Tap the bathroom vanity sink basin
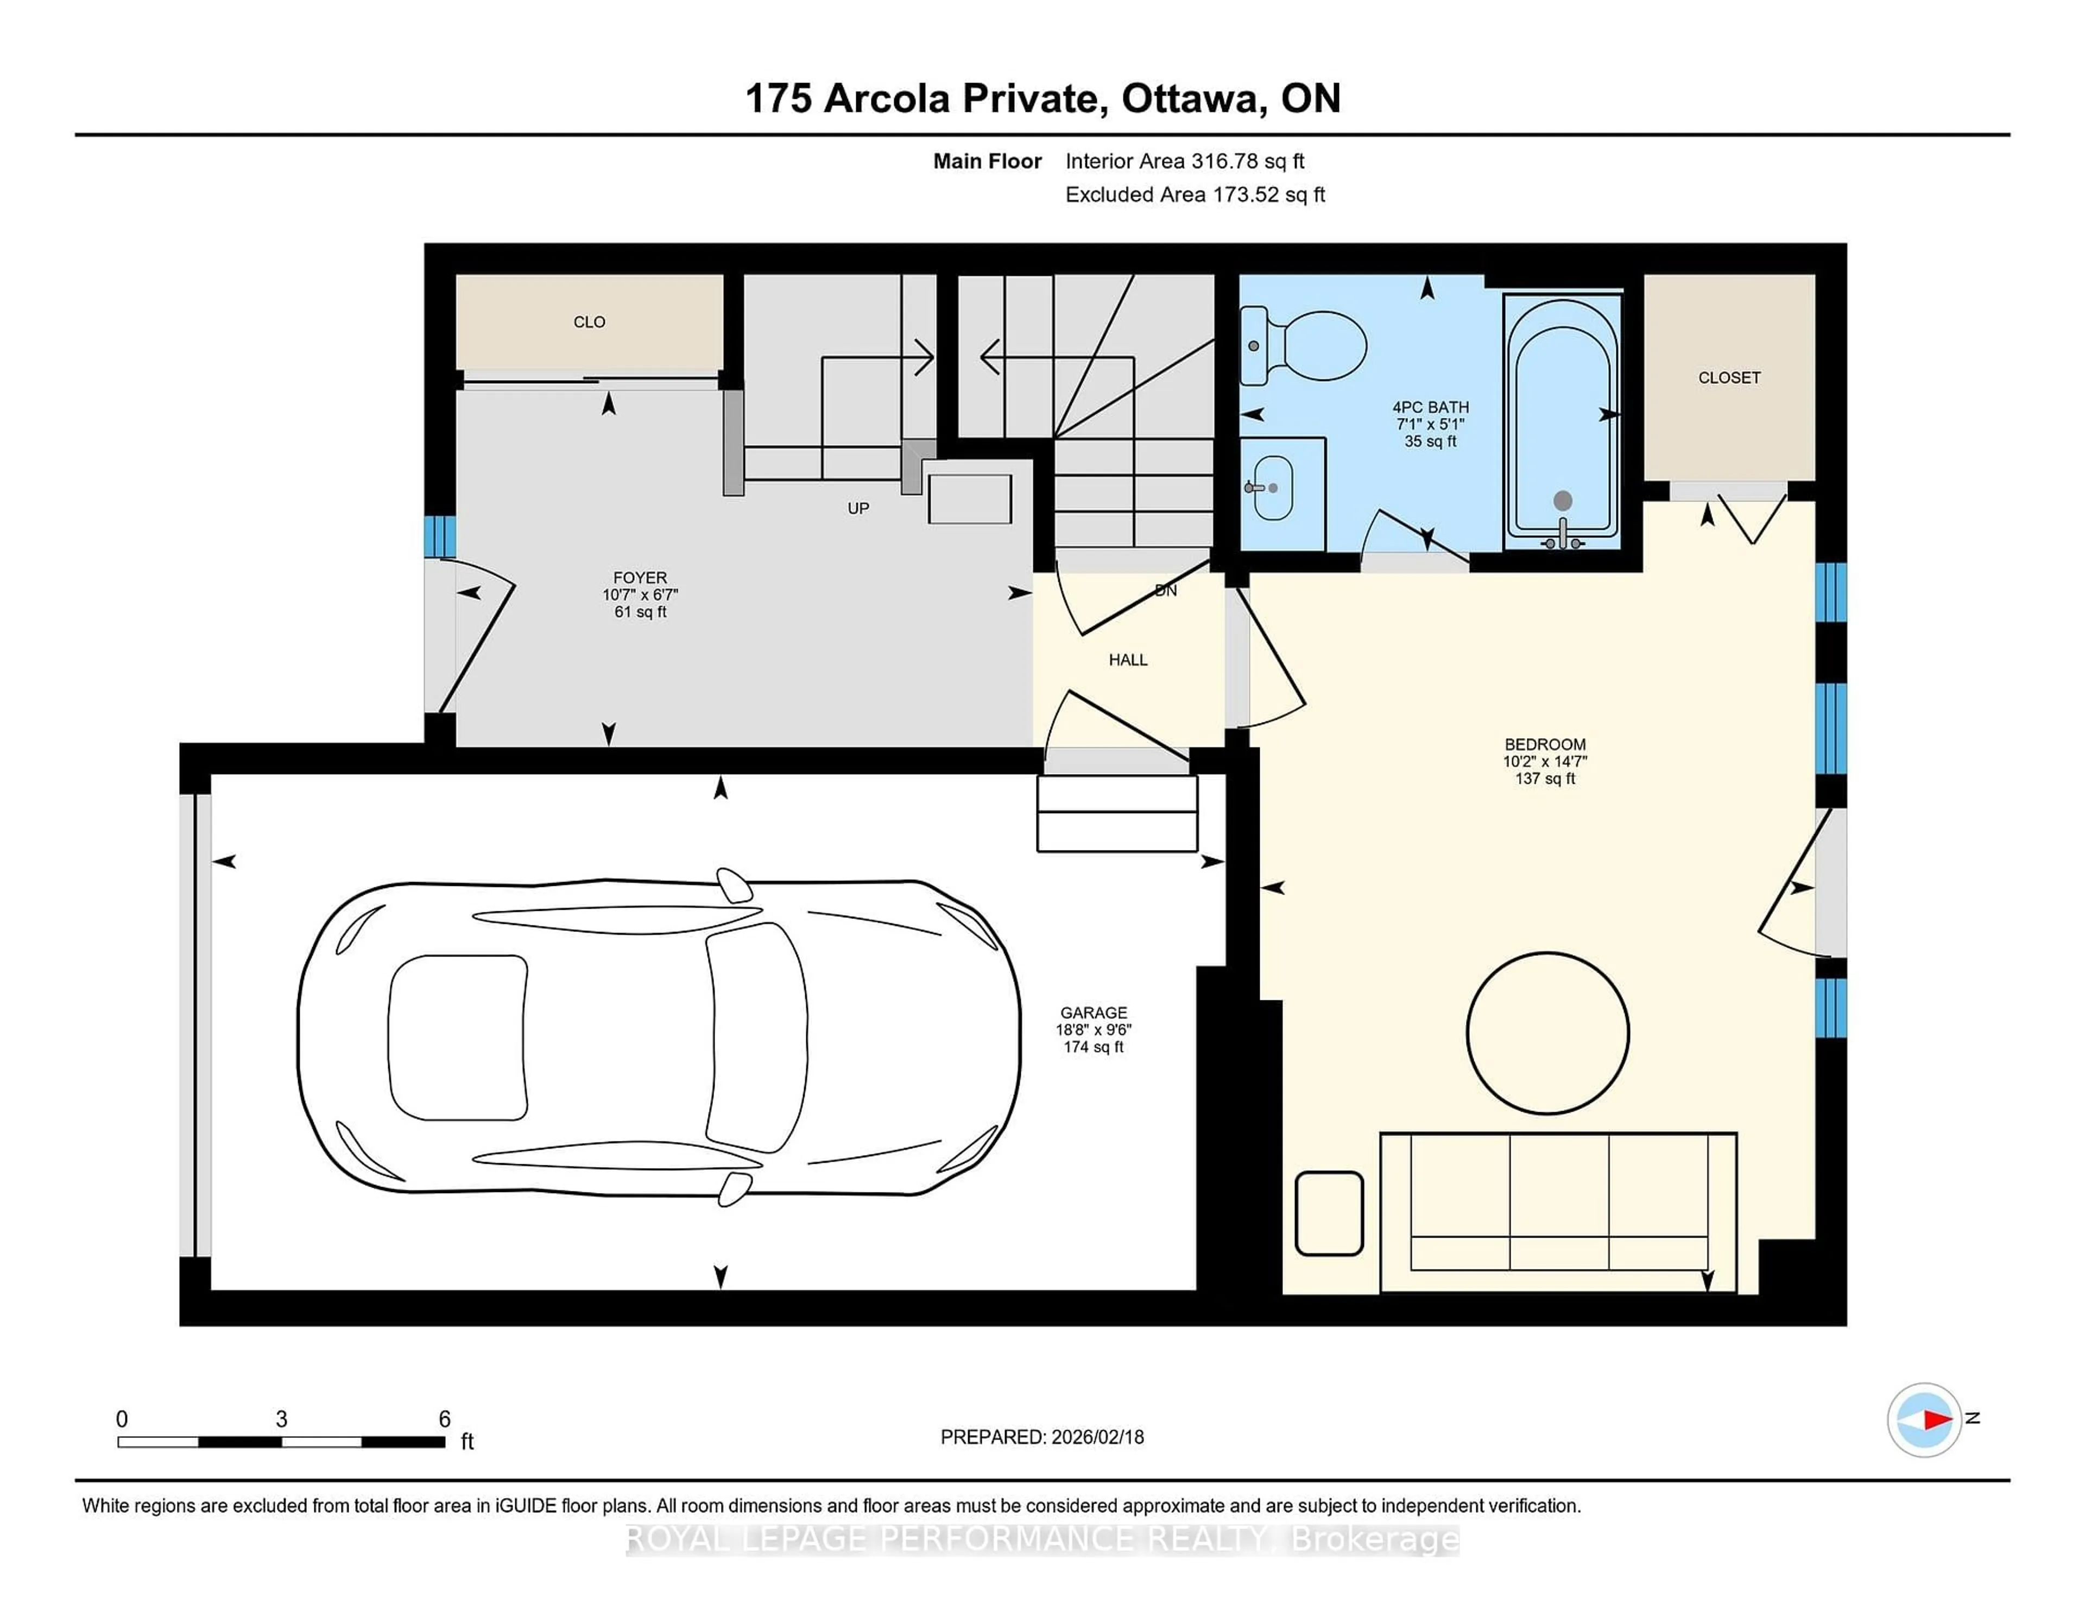tap(1273, 487)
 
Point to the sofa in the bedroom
tap(1558, 1210)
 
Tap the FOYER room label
tap(640, 578)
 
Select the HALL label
tap(1127, 659)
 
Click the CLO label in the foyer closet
tap(589, 322)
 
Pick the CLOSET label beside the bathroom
tap(1729, 378)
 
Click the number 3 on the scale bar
tap(282, 1419)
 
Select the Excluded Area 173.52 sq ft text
tap(1195, 195)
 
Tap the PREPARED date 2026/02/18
tap(1095, 1437)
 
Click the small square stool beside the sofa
tap(1328, 1213)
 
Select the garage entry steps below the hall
tap(1117, 813)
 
